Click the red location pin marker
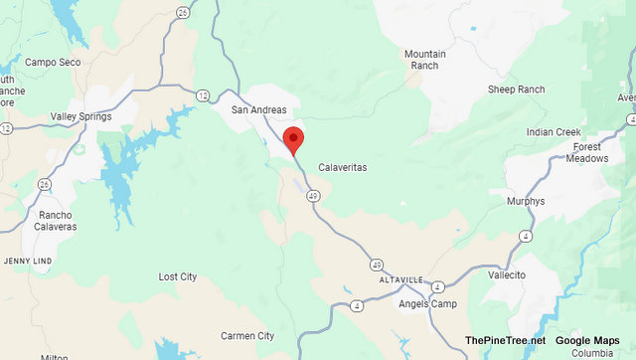[293, 139]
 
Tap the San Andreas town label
[259, 109]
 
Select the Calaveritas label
[343, 168]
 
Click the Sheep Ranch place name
[516, 90]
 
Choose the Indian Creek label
[554, 132]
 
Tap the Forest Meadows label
[587, 153]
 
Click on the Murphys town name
[525, 201]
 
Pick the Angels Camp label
[427, 303]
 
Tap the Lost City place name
[178, 276]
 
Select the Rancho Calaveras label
[57, 221]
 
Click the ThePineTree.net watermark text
[505, 341]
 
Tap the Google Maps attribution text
[587, 341]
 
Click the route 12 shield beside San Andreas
[203, 95]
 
